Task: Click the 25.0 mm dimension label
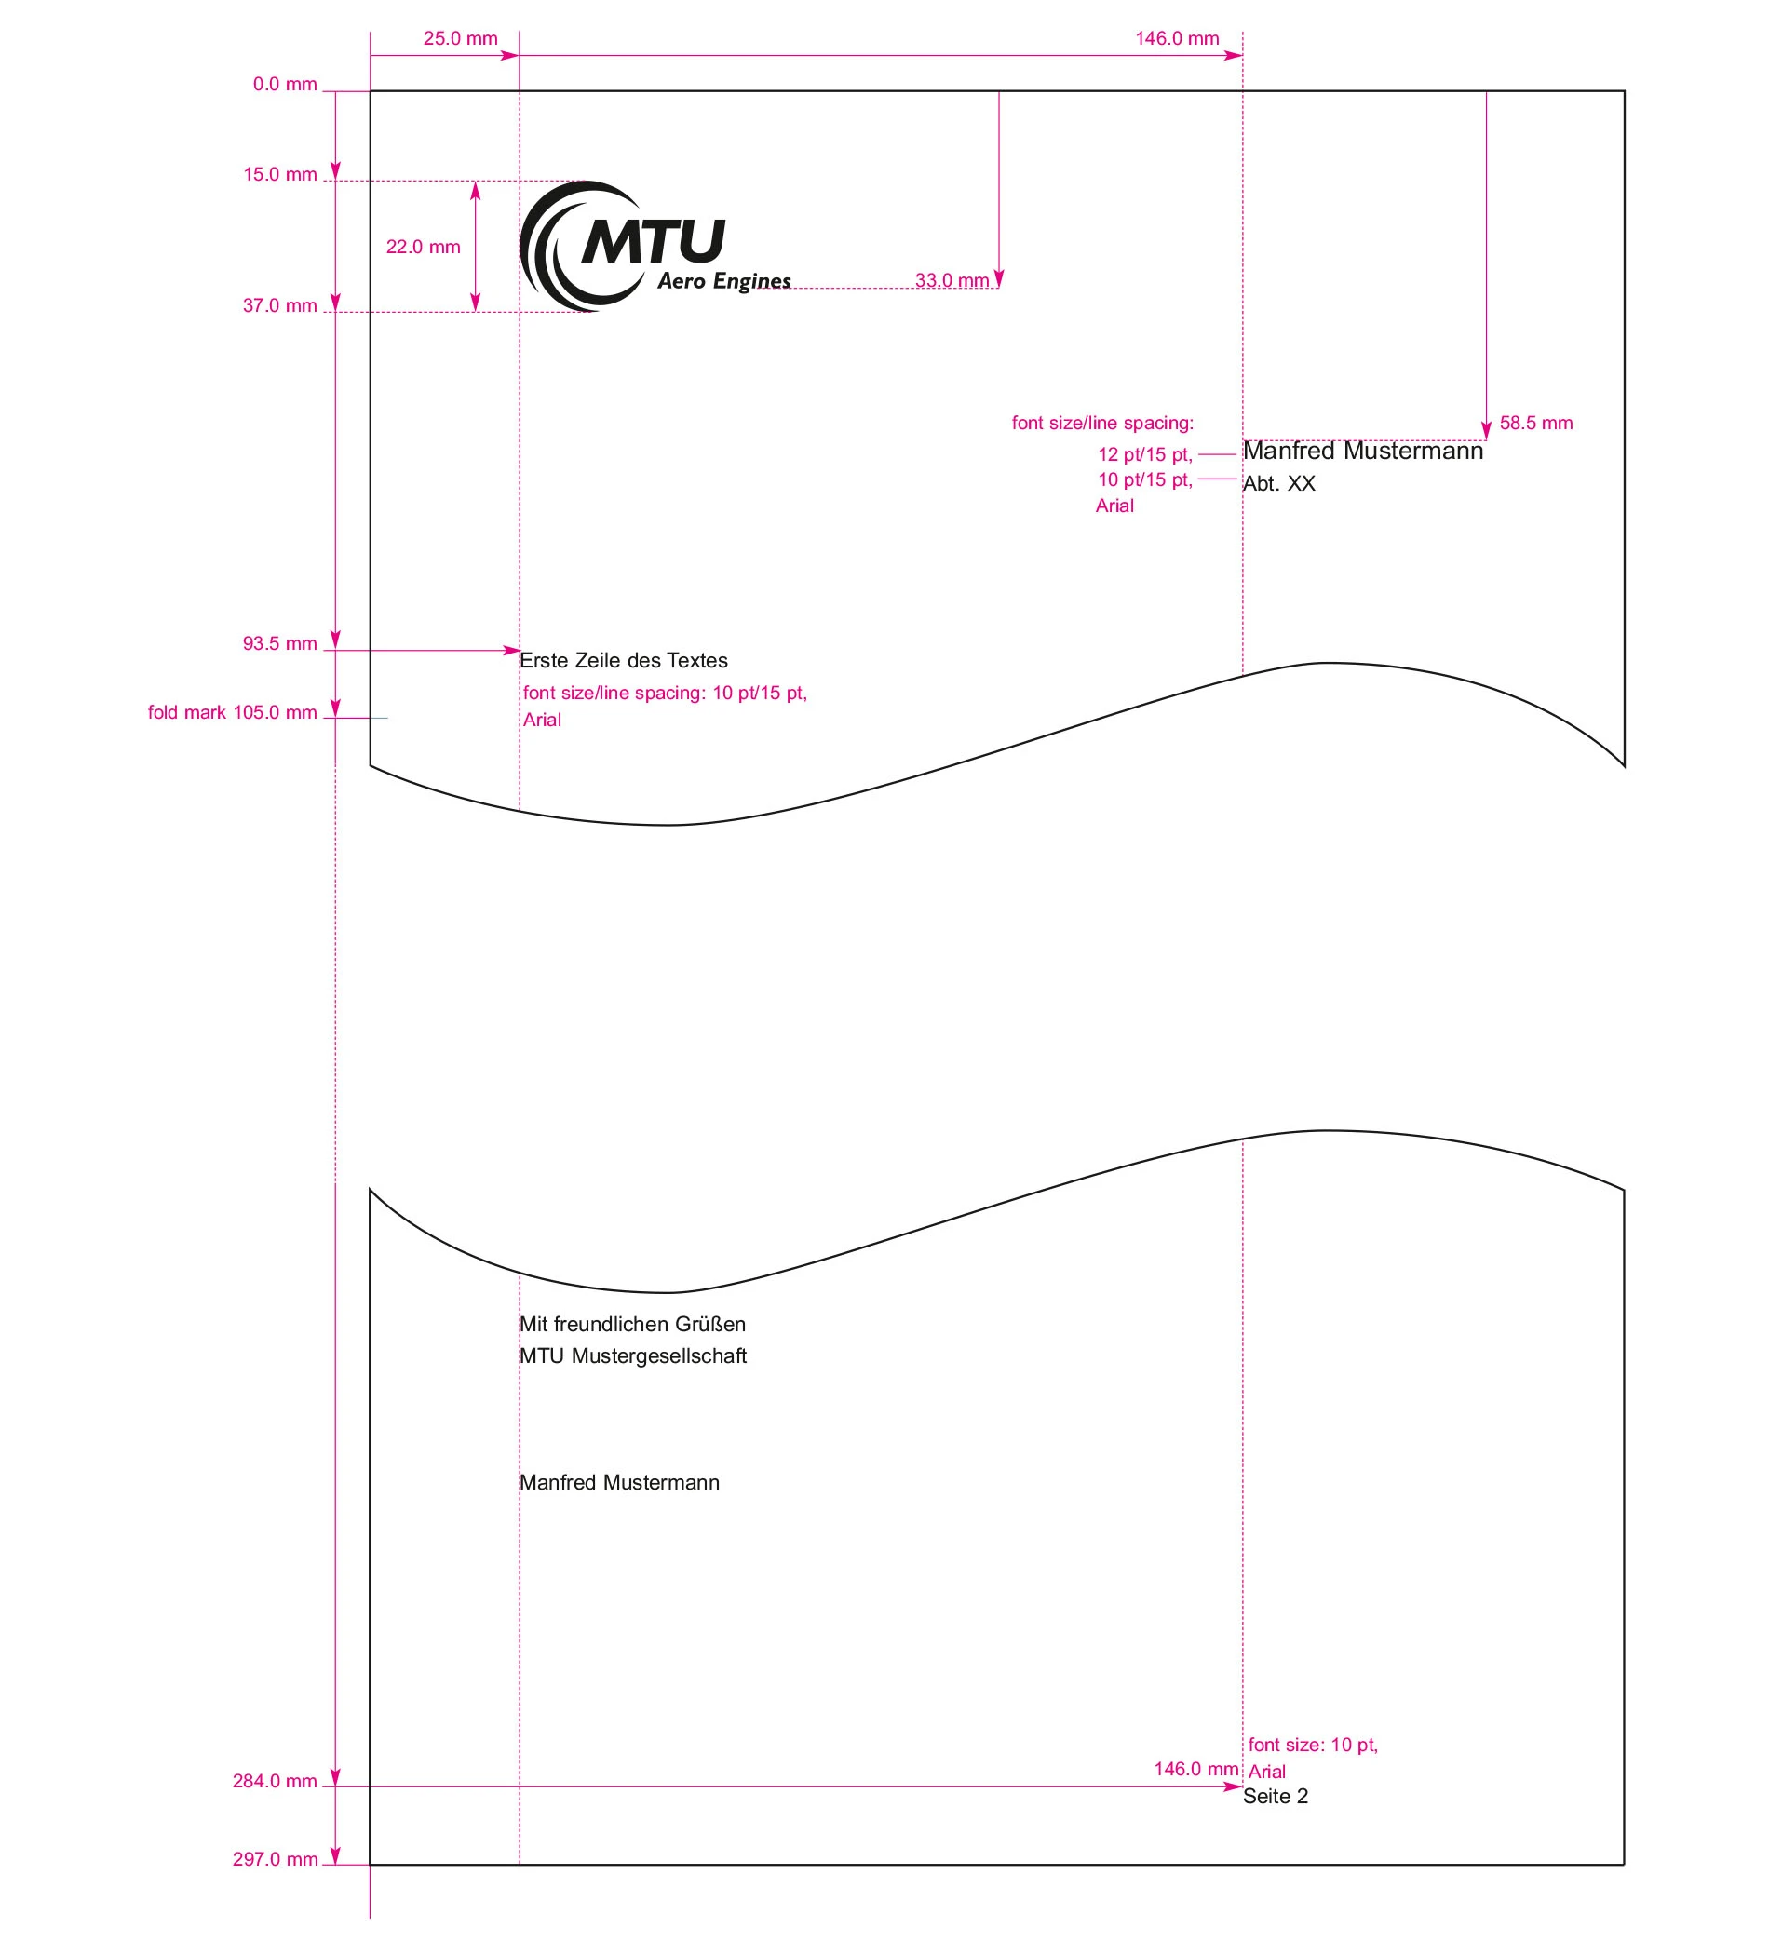460,39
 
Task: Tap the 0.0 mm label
285,85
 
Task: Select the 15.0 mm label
280,175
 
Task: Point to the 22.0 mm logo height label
423,248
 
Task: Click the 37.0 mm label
280,305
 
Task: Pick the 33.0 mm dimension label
952,280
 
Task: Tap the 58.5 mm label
1535,423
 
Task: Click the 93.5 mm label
280,643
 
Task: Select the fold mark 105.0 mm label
232,712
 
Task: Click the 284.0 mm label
275,1780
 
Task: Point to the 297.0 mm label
275,1859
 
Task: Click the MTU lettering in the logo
654,241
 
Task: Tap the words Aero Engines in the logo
723,281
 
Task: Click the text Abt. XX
1278,484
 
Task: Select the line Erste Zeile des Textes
624,660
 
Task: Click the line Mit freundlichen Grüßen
632,1324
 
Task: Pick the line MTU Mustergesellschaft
632,1355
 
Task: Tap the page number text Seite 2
1275,1796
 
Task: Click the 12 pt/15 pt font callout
1144,454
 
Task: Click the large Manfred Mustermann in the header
1363,451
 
